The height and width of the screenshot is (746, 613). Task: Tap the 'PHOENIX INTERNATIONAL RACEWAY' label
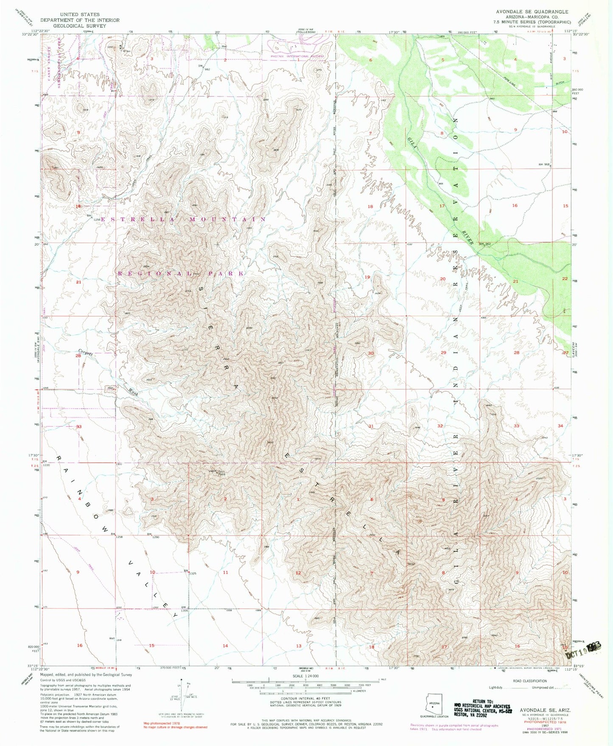coord(297,56)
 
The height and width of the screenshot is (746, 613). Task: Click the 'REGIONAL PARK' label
coord(180,274)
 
